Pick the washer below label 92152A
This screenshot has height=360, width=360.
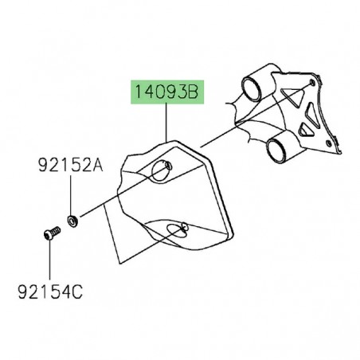point(72,217)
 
